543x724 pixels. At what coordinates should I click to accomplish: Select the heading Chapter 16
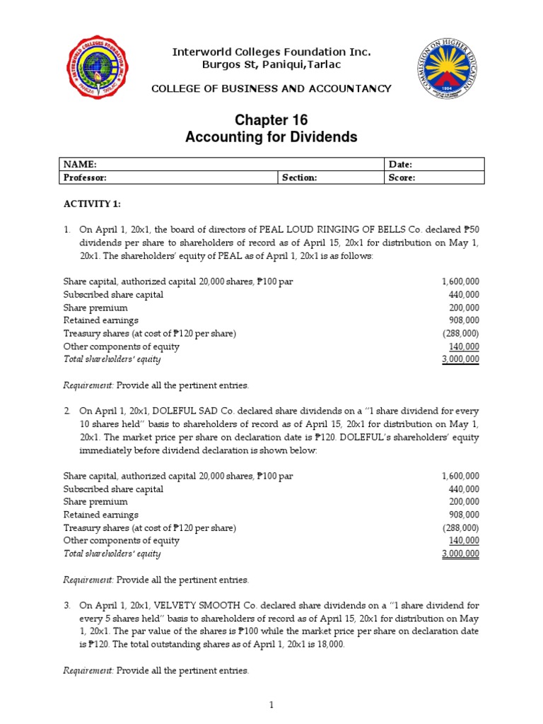[x=271, y=120]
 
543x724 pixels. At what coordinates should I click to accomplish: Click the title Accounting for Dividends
[x=271, y=137]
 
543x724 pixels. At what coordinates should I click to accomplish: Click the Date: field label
[x=400, y=165]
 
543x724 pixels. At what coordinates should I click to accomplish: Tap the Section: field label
[x=300, y=178]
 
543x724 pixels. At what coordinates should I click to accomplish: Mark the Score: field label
[x=402, y=178]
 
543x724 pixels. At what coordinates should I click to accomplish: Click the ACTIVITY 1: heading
[x=92, y=204]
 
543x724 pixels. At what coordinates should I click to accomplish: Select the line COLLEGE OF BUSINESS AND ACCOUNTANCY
[x=271, y=88]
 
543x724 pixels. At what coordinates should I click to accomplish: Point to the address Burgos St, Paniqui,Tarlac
[x=272, y=65]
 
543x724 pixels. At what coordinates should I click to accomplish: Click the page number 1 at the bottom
[x=271, y=705]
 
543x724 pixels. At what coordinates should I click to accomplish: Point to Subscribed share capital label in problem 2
[x=113, y=489]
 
